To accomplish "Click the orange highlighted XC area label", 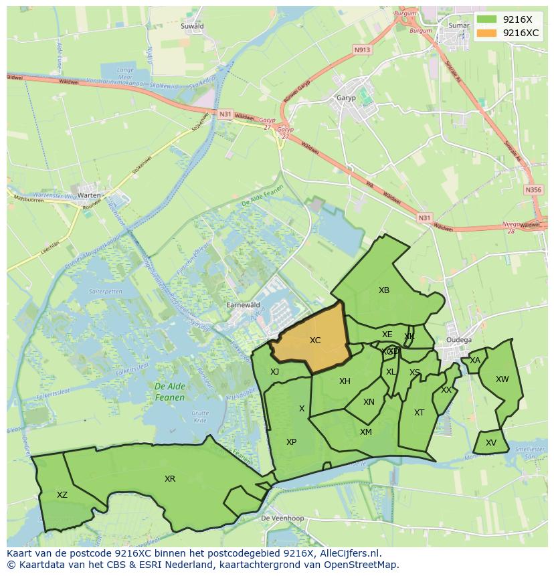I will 315,341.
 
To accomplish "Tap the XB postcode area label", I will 384,290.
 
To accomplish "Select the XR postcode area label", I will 170,479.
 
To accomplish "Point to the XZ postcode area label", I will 62,495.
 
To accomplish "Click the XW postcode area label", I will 502,379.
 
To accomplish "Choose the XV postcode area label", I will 491,443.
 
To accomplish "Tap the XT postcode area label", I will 419,413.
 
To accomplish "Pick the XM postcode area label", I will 366,432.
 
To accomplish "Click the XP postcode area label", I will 291,442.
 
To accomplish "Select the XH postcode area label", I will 345,381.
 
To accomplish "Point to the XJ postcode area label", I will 275,372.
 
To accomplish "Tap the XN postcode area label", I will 369,402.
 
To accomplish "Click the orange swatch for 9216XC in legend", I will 487,33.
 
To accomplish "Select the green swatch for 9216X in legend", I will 487,19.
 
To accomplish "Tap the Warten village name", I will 89,195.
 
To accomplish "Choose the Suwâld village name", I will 193,26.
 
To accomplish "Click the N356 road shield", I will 533,190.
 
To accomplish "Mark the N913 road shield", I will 362,50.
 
